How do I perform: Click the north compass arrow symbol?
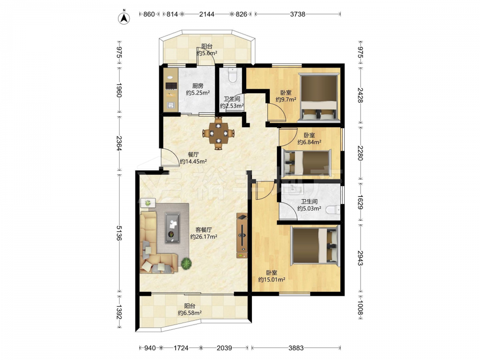coord(124,18)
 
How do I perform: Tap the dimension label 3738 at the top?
coord(298,14)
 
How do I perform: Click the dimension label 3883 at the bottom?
coord(296,348)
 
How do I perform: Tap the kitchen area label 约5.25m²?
coord(198,93)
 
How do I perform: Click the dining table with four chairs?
coord(218,133)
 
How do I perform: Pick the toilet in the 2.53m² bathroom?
coord(233,75)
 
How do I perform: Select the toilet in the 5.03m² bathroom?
coord(333,210)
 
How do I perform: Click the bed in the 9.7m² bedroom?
coord(319,98)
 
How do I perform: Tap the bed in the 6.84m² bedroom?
coord(306,163)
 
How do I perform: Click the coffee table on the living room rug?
coord(172,228)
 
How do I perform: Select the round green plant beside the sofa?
coord(186,263)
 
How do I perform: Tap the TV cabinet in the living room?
coord(242,236)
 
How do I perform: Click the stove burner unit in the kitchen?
coord(171,85)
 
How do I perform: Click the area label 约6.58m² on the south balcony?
coord(190,313)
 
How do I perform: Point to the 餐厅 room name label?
coord(193,155)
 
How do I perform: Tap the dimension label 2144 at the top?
coord(207,14)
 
